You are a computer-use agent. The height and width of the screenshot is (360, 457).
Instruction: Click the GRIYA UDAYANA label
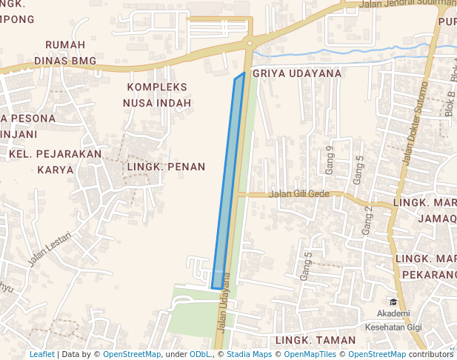(297, 73)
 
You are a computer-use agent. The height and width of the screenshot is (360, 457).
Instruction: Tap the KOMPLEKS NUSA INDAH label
(157, 95)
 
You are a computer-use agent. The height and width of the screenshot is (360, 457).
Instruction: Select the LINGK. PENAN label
(165, 167)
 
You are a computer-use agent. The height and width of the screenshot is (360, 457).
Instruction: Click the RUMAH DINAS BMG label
(70, 53)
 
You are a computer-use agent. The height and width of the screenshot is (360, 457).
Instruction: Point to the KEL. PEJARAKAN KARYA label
(56, 161)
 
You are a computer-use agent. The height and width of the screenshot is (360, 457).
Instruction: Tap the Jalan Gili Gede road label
(299, 194)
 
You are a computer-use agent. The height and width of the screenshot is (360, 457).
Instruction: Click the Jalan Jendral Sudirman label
(407, 5)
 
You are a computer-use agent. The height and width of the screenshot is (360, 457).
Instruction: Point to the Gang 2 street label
(368, 220)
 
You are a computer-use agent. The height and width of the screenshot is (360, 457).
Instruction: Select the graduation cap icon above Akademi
(393, 301)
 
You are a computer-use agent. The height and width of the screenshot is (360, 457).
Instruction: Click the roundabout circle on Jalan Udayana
(250, 44)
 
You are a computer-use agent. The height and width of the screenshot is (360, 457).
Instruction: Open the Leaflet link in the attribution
(42, 355)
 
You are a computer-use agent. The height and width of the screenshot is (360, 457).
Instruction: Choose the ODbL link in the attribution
(200, 355)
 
